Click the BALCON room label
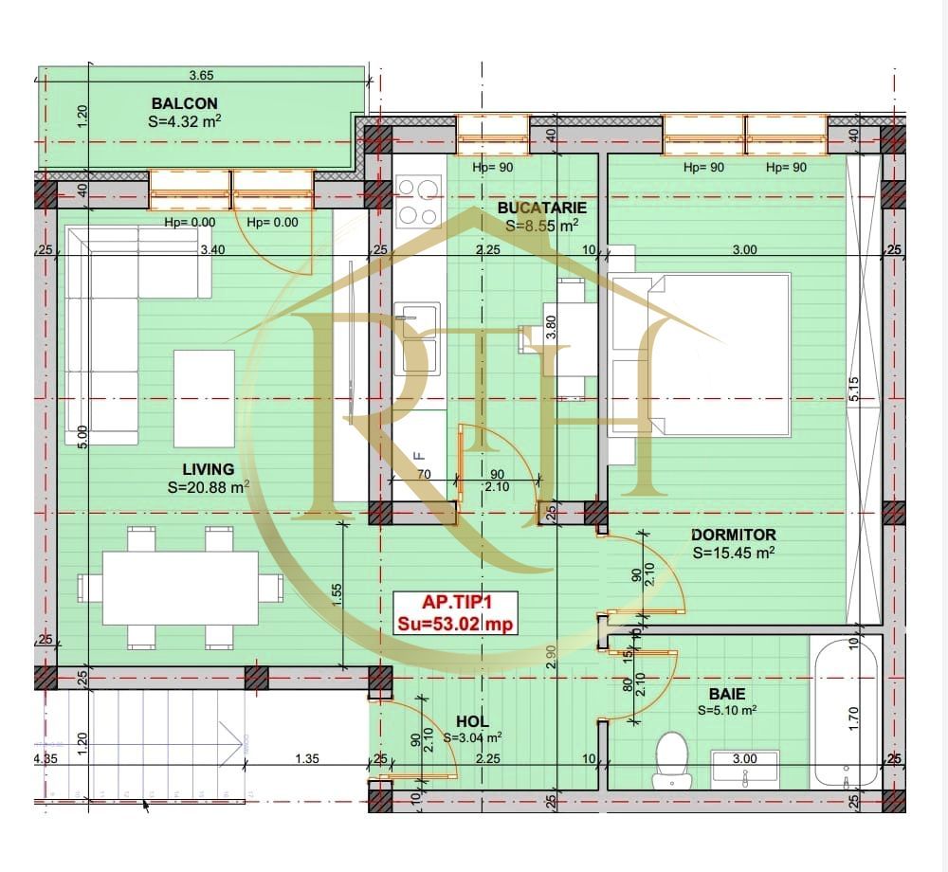[184, 103]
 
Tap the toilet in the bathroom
[674, 758]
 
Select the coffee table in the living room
[204, 398]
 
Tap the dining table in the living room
[180, 588]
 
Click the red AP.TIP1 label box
[457, 611]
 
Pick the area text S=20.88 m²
[208, 487]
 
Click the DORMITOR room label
[733, 536]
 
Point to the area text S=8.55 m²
[541, 226]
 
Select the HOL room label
[471, 722]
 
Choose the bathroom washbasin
[745, 768]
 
